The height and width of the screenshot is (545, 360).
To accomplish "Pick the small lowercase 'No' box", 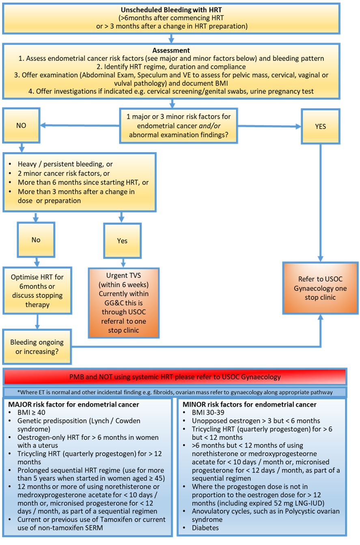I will [36, 240].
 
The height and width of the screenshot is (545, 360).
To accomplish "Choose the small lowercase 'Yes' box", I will [122, 240].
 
